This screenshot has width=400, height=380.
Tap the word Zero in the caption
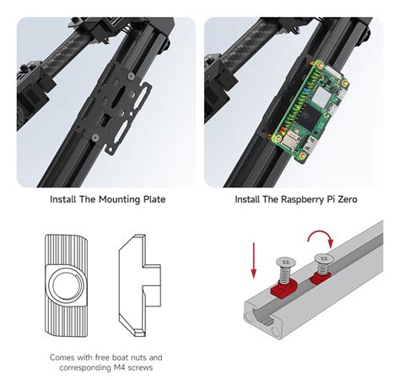[x=348, y=199]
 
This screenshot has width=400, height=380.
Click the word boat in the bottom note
[x=120, y=357]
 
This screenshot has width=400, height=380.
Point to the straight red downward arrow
[x=254, y=260]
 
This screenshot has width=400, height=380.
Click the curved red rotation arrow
[x=321, y=238]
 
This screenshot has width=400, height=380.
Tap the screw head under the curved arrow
[x=324, y=258]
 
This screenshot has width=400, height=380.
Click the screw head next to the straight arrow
[x=286, y=262]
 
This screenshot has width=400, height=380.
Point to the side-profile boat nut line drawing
[x=140, y=285]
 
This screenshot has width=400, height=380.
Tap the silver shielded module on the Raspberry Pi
[x=322, y=96]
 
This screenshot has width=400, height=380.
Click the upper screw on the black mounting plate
[x=130, y=76]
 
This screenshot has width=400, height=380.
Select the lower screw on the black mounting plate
[x=95, y=138]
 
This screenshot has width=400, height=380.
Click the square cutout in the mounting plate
[x=105, y=120]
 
